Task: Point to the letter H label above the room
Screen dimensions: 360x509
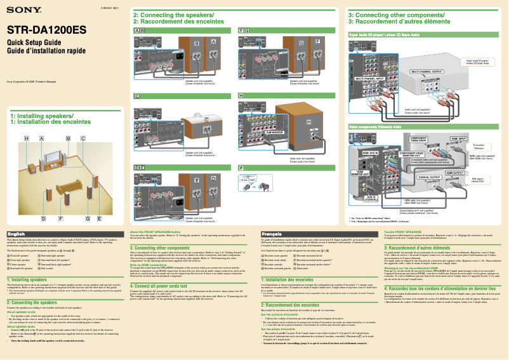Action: point(27,138)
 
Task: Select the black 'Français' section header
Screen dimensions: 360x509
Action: point(272,234)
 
